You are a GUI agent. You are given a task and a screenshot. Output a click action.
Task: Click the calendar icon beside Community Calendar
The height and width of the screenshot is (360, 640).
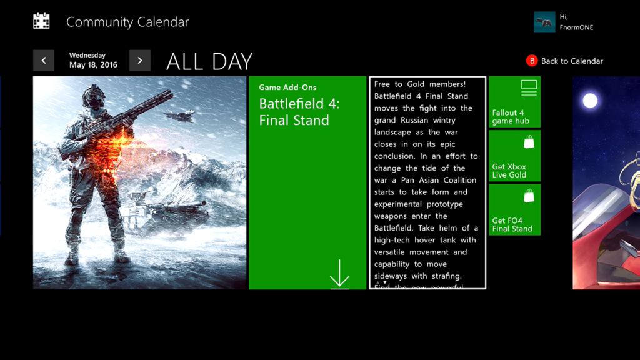point(41,21)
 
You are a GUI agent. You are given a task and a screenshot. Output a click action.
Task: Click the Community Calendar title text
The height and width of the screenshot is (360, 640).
point(127,22)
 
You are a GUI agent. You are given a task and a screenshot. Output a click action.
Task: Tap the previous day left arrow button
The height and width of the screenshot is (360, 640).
point(44,61)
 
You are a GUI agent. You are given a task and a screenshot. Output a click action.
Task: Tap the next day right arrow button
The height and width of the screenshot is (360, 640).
point(140,61)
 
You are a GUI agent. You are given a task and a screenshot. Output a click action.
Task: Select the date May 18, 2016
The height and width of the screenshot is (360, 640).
point(93,65)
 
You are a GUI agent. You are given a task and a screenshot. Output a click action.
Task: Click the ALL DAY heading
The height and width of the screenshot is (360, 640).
point(209,61)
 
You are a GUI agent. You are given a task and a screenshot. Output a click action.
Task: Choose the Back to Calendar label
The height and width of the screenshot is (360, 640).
point(572,61)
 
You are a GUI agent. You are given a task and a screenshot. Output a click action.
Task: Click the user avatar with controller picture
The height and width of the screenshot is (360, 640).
point(544,22)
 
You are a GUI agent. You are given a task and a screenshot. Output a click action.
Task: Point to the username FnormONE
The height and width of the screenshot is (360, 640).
point(576,27)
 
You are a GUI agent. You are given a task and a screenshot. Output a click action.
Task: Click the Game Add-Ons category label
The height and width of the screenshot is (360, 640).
point(287,87)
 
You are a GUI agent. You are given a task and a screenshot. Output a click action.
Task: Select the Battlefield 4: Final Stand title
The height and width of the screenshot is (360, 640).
point(299,112)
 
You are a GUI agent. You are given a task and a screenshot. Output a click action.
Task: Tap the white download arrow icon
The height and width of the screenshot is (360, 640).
point(339,274)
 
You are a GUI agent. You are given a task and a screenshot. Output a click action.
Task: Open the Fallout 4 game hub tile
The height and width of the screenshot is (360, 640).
point(514,102)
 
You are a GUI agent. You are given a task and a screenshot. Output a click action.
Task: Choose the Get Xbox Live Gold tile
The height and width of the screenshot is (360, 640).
point(514,156)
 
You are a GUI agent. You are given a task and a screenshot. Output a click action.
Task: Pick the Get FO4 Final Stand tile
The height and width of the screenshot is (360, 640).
point(514,209)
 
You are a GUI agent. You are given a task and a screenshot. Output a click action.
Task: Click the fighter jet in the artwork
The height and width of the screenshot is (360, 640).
point(179,115)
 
